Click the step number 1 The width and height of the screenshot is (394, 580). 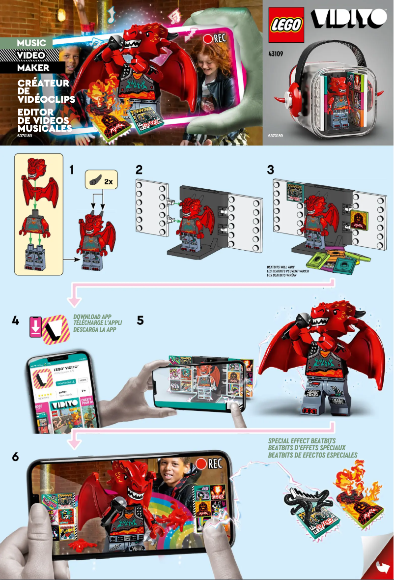[72, 170]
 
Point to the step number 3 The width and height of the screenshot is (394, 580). [271, 170]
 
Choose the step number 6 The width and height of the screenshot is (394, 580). [16, 457]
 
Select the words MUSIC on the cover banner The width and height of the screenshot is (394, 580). [32, 43]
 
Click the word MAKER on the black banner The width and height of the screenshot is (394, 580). [33, 67]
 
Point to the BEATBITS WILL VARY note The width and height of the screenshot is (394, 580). [281, 267]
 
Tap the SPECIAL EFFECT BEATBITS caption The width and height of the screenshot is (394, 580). [302, 441]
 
